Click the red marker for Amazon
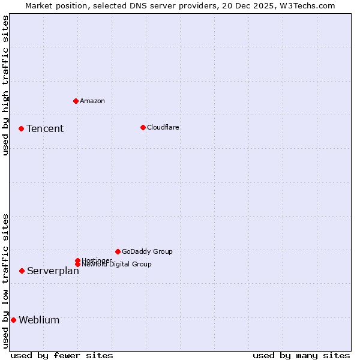76,101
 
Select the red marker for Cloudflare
143,127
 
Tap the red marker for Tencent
21,128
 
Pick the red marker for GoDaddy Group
118,251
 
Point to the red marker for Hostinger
77,260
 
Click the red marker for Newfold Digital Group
77,264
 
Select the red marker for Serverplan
22,271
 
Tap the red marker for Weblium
13,320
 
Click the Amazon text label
92,101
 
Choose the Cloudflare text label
163,127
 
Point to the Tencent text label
45,128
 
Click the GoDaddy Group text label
147,251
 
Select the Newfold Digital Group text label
117,264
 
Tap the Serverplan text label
53,271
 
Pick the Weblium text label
39,320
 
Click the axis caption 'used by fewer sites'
62,355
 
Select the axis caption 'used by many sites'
301,355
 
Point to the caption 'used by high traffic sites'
5,85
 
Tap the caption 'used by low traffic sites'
5,280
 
